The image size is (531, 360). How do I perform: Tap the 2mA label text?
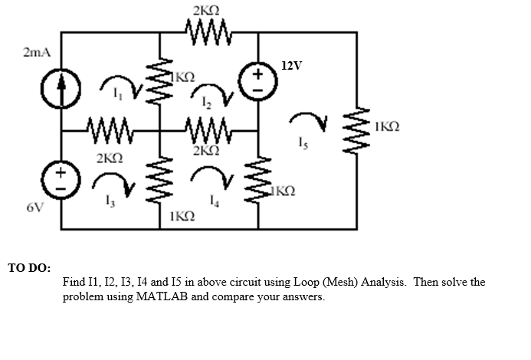pyautogui.click(x=37, y=52)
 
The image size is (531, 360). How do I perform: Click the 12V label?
pyautogui.click(x=293, y=65)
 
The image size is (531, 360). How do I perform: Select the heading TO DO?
pyautogui.click(x=29, y=268)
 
